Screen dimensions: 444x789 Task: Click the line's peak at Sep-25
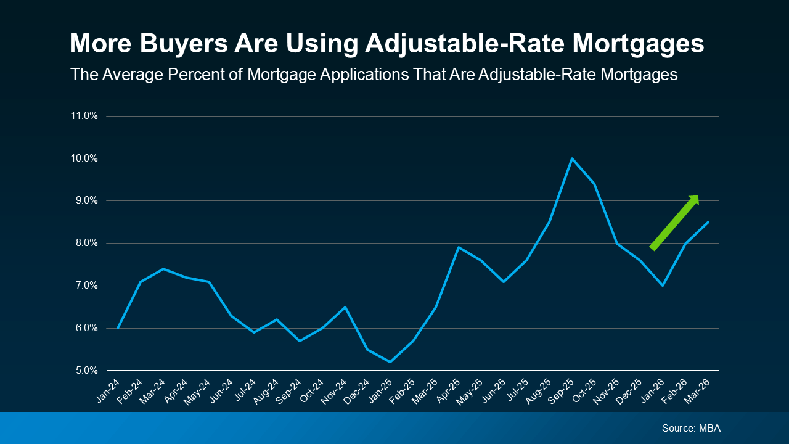572,158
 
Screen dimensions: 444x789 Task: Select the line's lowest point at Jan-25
390,362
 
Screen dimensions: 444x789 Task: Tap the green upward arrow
675,222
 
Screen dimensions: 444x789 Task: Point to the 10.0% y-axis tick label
84,158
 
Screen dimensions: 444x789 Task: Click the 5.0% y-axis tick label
84,371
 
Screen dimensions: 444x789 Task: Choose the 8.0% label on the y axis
84,243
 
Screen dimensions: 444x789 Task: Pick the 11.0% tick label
84,116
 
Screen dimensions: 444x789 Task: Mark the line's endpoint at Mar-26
708,222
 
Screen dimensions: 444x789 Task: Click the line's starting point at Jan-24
118,328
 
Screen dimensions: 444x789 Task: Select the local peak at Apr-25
458,247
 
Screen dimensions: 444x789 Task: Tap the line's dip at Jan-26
663,286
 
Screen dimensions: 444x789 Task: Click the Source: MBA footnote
690,428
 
